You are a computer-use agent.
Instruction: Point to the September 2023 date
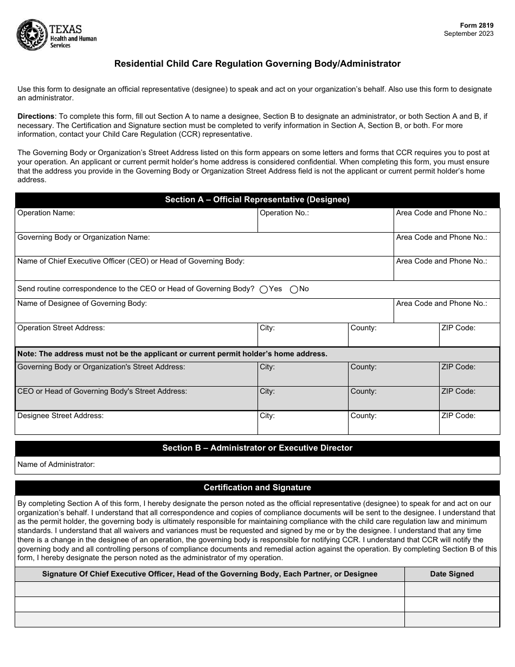[469, 34]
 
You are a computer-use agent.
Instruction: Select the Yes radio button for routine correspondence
[264, 290]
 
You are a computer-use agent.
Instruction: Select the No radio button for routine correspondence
[294, 290]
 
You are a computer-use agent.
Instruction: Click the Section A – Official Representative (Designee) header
[257, 200]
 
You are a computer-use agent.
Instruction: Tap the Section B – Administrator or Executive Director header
[257, 448]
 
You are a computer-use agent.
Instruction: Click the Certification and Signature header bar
[257, 488]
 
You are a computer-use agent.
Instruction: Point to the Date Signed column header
[452, 574]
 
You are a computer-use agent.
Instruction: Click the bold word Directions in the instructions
[36, 116]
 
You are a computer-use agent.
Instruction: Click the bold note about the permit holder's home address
[172, 354]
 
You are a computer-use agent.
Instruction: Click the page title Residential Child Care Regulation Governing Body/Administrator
[257, 63]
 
